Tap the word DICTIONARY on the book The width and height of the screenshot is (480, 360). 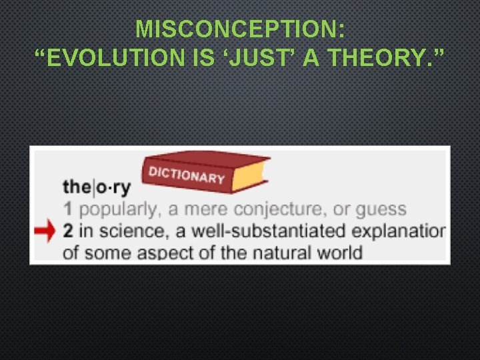pos(187,175)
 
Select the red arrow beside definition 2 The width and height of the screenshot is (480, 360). pos(45,231)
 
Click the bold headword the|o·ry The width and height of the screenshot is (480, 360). pos(97,187)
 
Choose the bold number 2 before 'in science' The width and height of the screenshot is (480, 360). pos(68,231)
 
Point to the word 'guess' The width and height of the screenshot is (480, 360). pos(381,210)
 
